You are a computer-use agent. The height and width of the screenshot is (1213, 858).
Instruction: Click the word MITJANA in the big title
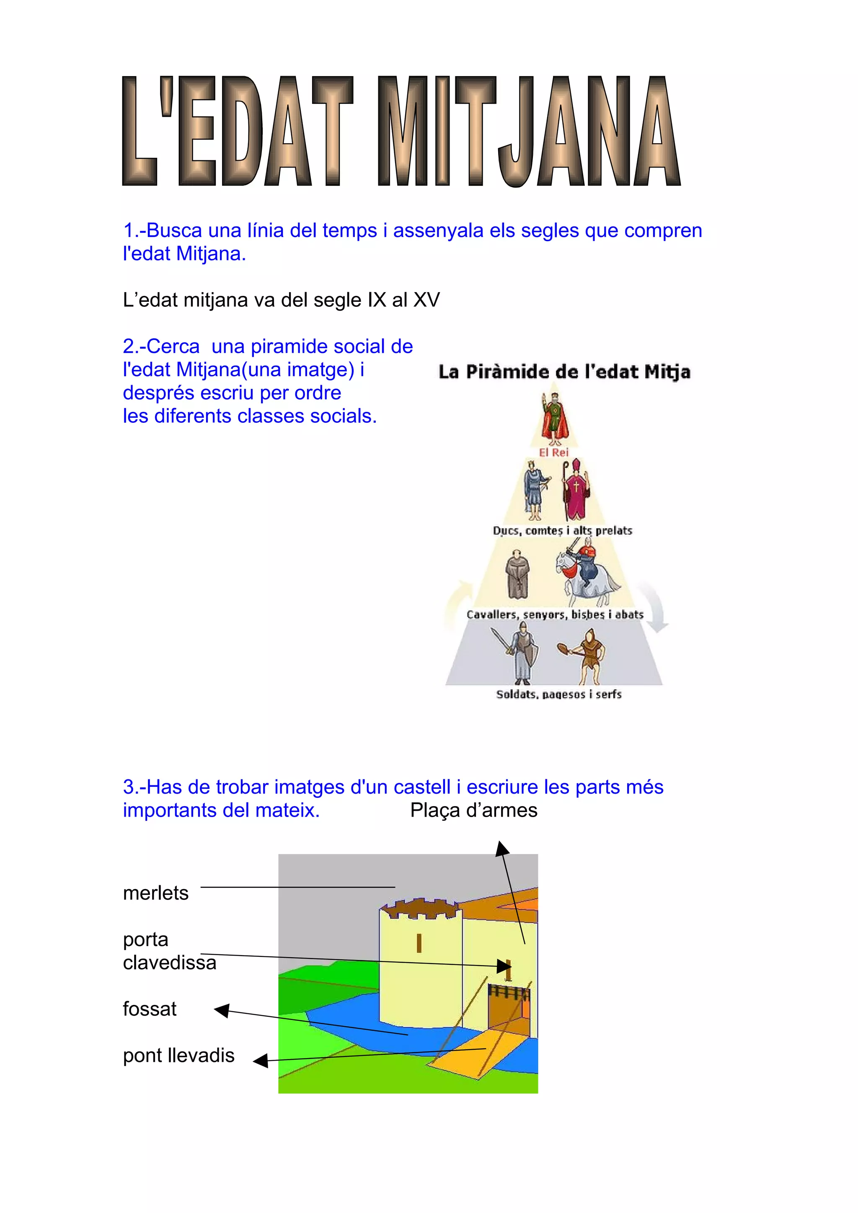(529, 132)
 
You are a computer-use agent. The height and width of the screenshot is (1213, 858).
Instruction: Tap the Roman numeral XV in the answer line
(426, 300)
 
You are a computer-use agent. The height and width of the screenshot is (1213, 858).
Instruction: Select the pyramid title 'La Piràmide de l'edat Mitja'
(564, 372)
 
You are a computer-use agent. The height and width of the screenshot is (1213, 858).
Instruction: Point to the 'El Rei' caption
(553, 452)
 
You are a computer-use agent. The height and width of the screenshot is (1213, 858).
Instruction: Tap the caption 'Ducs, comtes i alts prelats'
(563, 530)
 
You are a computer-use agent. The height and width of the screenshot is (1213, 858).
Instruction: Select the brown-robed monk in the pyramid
(518, 575)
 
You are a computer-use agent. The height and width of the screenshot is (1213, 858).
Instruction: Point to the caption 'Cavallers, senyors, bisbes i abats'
(555, 614)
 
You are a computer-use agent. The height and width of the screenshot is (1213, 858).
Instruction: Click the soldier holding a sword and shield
(521, 653)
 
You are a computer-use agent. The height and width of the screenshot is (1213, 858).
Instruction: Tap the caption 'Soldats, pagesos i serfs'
(559, 694)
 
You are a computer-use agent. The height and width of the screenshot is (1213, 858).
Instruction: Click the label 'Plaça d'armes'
(474, 810)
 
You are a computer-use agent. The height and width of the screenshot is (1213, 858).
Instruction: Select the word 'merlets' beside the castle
(155, 893)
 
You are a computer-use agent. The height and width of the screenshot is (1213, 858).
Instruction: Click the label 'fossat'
(150, 1009)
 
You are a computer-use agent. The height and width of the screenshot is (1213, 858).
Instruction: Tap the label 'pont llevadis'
(179, 1056)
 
